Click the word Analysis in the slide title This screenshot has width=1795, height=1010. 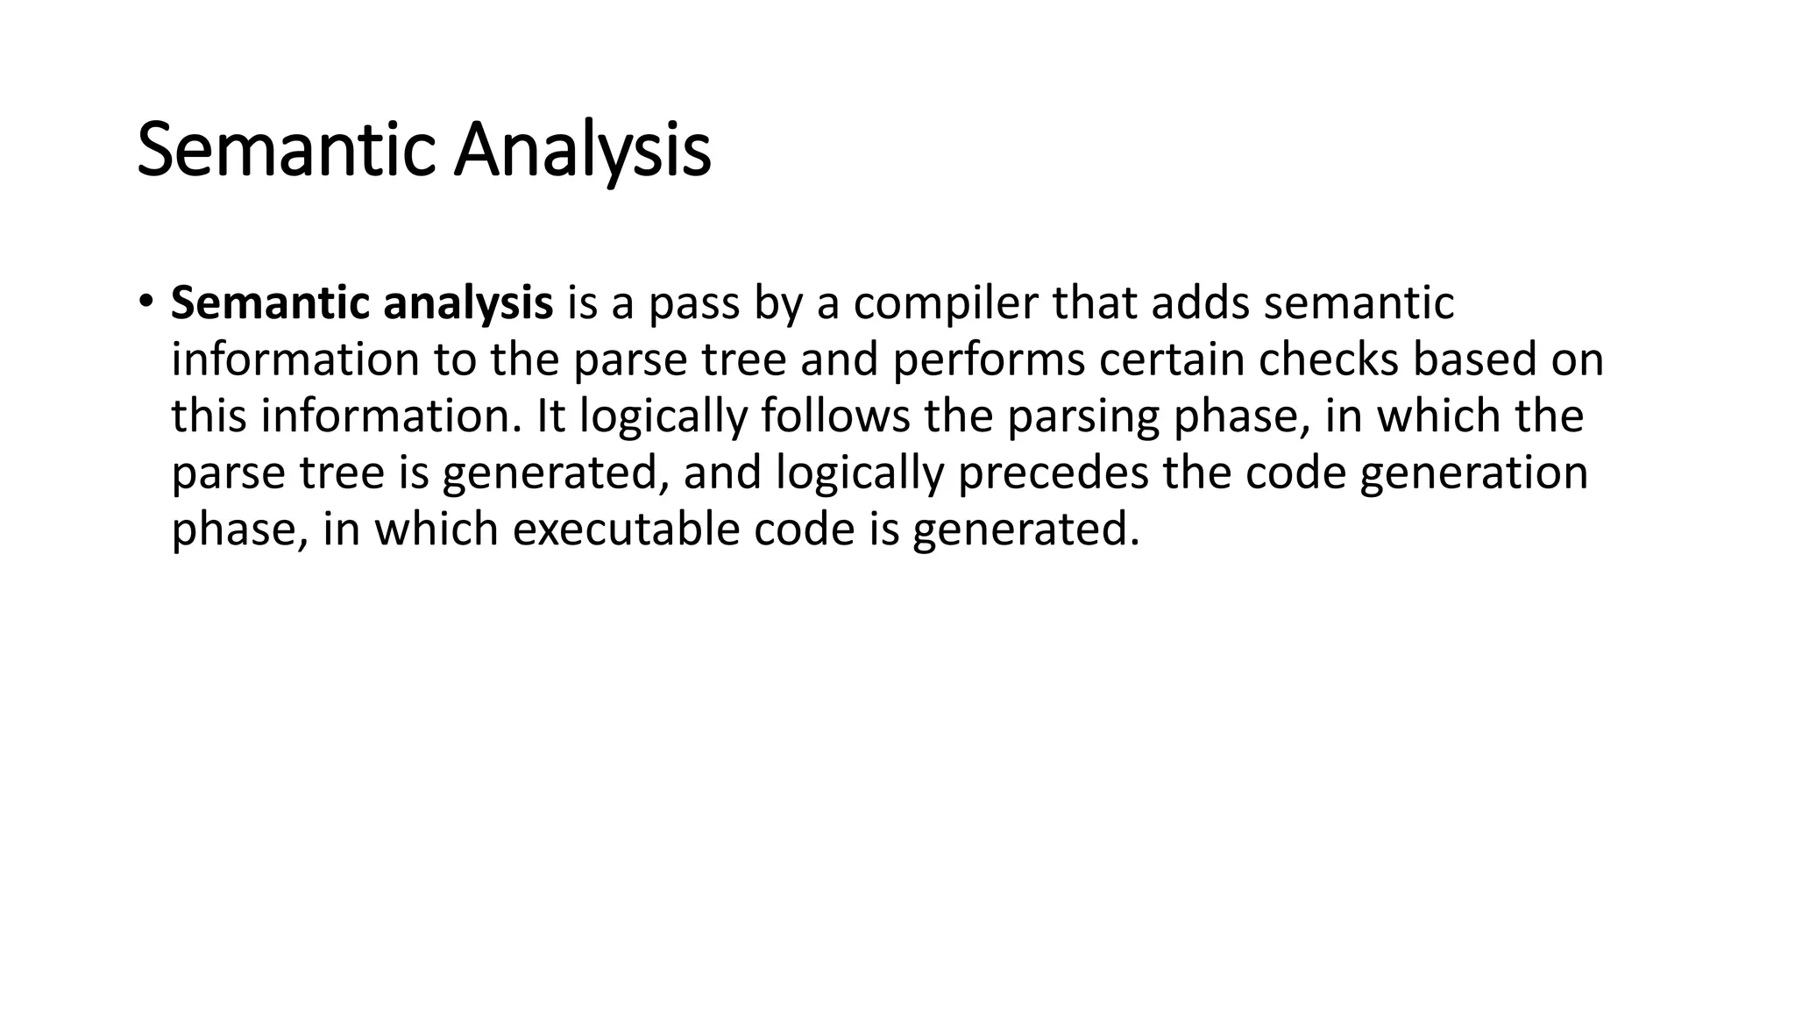pyautogui.click(x=582, y=151)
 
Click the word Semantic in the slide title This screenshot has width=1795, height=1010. pyautogui.click(x=287, y=151)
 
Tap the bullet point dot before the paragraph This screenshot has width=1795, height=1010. pyautogui.click(x=145, y=302)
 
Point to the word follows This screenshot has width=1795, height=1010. pyautogui.click(x=835, y=416)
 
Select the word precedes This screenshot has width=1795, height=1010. pyautogui.click(x=1053, y=473)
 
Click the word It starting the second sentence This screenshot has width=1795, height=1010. pyautogui.click(x=551, y=416)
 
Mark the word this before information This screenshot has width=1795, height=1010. pyautogui.click(x=209, y=416)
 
